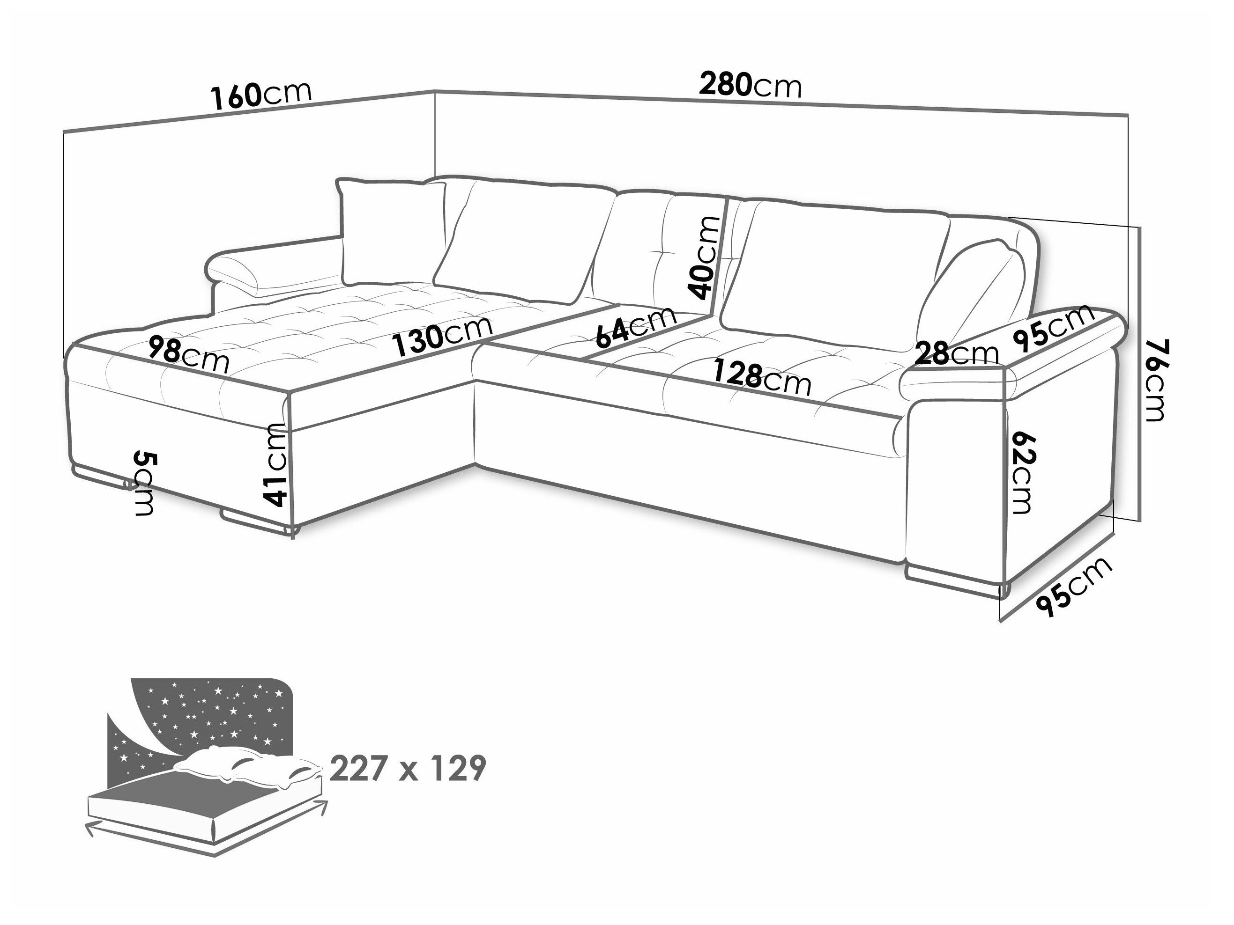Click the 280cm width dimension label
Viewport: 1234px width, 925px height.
[x=751, y=86]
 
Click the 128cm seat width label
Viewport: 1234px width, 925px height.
[x=762, y=377]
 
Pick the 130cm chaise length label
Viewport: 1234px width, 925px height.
[x=444, y=336]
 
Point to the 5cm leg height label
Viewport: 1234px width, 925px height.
[x=144, y=484]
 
